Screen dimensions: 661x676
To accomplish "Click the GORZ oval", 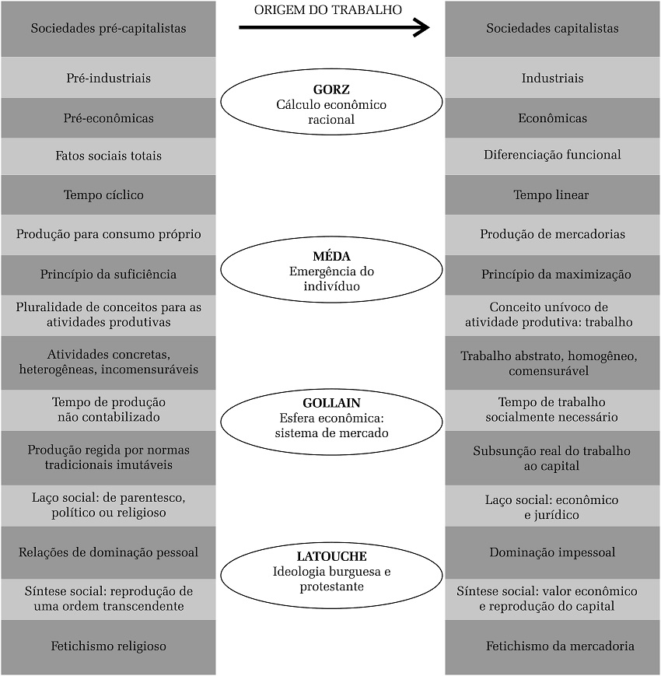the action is (331, 102).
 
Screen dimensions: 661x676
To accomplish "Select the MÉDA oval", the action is (331, 270).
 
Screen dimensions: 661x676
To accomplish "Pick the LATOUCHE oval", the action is (331, 571).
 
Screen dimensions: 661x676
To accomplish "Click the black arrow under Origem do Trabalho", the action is (334, 29).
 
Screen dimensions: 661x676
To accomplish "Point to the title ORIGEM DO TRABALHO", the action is (328, 10).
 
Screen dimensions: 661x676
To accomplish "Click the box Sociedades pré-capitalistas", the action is (108, 29).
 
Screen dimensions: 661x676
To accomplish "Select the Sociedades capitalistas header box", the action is (552, 29).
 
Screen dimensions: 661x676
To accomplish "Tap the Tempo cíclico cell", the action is (108, 194).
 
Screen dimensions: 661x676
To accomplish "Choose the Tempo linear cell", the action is (552, 194).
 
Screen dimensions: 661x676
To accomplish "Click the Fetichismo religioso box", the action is (108, 646).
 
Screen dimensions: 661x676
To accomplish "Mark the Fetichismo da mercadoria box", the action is (552, 646).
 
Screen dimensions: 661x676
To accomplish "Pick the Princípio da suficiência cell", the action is (108, 275).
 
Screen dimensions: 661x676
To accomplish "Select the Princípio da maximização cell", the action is (552, 275).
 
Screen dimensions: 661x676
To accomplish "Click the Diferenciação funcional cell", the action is (552, 155).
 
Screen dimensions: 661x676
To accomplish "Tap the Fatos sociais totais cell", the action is (108, 156).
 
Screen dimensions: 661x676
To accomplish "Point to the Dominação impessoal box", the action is (552, 552).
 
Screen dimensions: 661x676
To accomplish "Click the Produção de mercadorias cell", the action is (552, 234).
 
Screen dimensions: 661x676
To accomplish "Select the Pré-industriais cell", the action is (108, 78).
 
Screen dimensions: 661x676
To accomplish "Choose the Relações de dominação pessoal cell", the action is (108, 552).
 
